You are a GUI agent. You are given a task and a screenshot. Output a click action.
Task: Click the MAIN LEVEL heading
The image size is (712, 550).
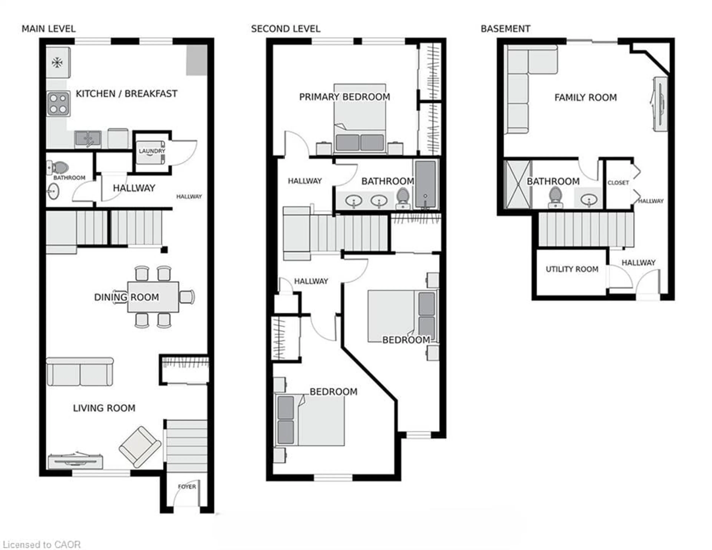(x=49, y=29)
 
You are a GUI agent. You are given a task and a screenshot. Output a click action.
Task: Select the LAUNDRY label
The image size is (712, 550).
(x=152, y=151)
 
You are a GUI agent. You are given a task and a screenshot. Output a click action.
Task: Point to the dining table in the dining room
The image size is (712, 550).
(x=153, y=297)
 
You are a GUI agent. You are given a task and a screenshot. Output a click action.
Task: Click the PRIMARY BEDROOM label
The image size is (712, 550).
(x=344, y=97)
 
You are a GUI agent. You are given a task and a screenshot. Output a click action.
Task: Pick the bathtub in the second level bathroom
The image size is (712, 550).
(x=426, y=184)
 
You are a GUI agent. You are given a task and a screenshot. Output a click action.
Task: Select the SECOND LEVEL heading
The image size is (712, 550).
(x=286, y=29)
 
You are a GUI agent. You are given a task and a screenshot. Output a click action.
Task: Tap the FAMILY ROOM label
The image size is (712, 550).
(x=586, y=98)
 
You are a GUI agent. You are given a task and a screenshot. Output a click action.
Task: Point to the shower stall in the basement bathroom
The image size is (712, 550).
(x=517, y=184)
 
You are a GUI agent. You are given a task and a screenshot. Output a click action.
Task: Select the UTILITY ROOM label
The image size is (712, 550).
(x=572, y=269)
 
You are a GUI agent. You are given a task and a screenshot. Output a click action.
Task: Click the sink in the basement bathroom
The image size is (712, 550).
(x=589, y=199)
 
